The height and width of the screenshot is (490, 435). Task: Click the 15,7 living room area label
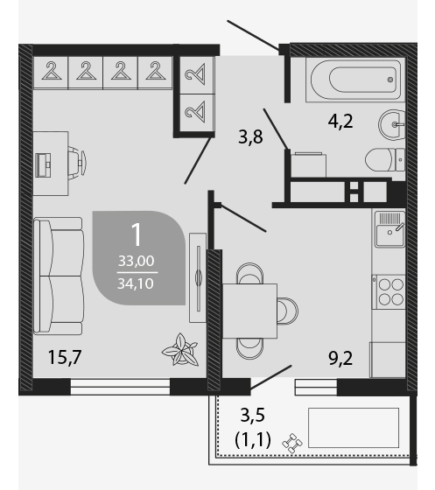click(65, 357)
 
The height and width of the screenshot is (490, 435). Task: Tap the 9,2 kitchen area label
click(340, 358)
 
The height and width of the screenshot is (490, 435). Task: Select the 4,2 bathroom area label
click(340, 122)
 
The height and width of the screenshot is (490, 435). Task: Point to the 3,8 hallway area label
click(250, 136)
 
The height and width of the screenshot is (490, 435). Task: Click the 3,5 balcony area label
click(253, 416)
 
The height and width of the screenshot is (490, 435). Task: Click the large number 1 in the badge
click(137, 235)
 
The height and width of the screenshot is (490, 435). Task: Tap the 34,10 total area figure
click(136, 283)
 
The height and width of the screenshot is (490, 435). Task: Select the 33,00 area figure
click(136, 261)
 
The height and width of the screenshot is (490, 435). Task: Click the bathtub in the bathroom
click(355, 80)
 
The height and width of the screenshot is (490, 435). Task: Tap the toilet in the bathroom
click(385, 159)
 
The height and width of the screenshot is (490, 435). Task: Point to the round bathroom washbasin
click(392, 124)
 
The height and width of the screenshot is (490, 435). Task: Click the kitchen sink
click(390, 229)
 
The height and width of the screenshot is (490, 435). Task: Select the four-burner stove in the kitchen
click(390, 291)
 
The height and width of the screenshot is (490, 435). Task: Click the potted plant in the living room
click(180, 350)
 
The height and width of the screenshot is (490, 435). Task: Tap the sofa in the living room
click(59, 276)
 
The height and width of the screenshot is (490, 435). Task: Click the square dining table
click(249, 311)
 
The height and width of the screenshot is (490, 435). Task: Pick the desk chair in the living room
click(77, 163)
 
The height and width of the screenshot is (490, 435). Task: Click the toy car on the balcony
click(292, 443)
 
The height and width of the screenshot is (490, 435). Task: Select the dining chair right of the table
click(288, 311)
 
